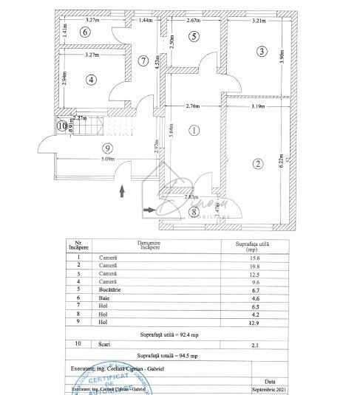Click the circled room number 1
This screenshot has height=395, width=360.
pos(194,131)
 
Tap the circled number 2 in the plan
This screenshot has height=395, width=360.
pos(258,164)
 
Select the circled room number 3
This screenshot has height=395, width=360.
pos(261,51)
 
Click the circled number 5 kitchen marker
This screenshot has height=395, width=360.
pos(194,35)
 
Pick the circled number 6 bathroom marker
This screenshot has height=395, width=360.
pos(86,32)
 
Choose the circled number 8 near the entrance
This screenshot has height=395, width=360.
pos(194,213)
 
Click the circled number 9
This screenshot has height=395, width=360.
pos(86,148)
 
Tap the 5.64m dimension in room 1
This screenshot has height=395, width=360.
pos(171,131)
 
